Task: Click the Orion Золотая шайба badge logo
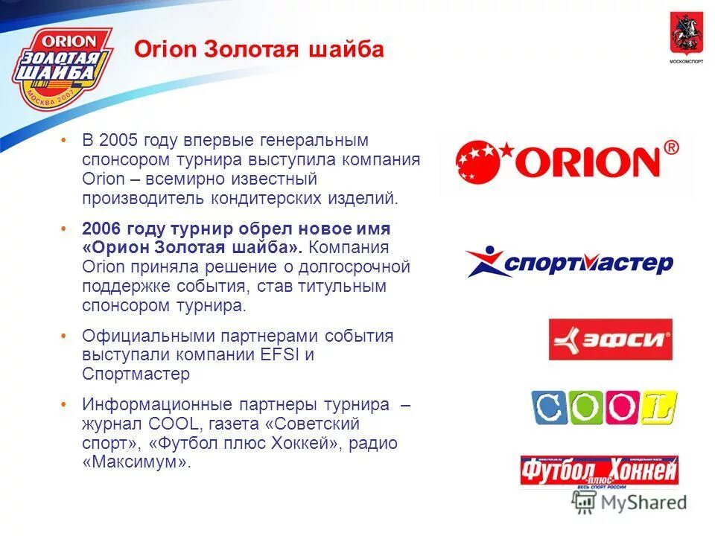point(62,68)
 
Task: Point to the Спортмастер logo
point(569,263)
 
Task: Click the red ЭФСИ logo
point(610,339)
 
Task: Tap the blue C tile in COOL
point(549,407)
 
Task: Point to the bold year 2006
point(104,228)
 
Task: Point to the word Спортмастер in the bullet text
point(136,374)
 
